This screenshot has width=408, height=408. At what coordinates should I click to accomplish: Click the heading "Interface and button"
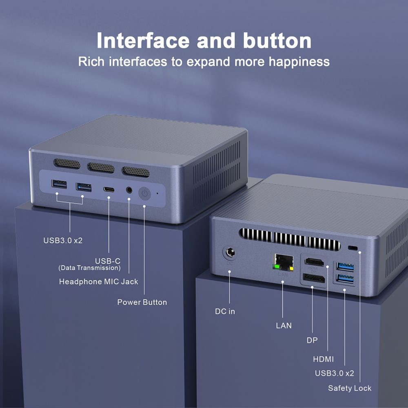204,41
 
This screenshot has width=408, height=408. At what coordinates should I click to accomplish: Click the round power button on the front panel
144,193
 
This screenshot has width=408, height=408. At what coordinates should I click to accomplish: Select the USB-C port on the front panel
109,189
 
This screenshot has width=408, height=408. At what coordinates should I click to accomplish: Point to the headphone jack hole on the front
129,190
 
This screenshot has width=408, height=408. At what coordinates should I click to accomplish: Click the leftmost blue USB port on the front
59,184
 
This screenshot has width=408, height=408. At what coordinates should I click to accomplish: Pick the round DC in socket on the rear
230,252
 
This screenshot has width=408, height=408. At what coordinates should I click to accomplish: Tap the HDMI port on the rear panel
314,262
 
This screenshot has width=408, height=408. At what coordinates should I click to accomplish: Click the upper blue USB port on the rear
345,267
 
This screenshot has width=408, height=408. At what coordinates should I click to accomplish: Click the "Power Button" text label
142,302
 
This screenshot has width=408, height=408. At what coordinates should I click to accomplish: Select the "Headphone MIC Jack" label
98,281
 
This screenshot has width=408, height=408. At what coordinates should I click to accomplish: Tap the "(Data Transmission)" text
89,268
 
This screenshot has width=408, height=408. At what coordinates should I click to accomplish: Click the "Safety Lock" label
350,388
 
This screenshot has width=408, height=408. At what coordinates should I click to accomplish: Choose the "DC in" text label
225,311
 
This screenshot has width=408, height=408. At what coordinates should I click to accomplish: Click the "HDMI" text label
323,359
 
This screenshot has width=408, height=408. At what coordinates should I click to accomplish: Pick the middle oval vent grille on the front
101,167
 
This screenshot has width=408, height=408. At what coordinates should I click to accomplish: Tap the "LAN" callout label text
284,326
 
